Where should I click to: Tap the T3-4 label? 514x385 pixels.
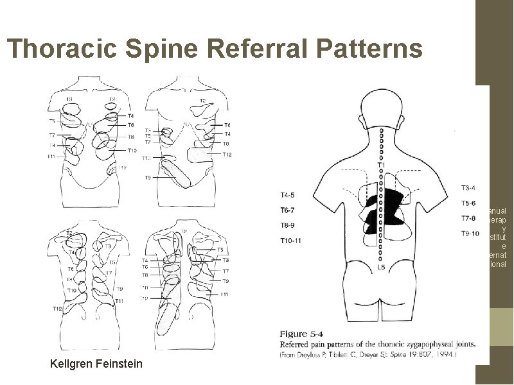click(469, 188)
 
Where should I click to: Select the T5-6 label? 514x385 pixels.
click(469, 203)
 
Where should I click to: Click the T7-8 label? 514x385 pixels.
click(469, 218)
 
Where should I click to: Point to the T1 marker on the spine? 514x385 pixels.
click(382, 166)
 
